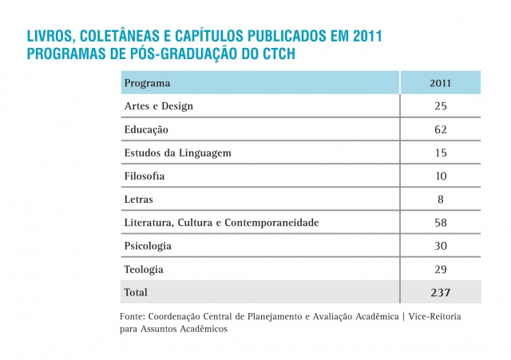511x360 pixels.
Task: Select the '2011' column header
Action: pyautogui.click(x=441, y=83)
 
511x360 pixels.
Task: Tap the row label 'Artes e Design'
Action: pyautogui.click(x=159, y=106)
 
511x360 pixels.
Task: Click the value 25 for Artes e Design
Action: pyautogui.click(x=441, y=106)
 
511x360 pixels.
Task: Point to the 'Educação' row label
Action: pyautogui.click(x=146, y=129)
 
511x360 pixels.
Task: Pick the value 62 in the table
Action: pyautogui.click(x=441, y=129)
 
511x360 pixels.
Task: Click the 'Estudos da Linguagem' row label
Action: pyautogui.click(x=172, y=152)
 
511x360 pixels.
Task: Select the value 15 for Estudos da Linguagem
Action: pyautogui.click(x=441, y=152)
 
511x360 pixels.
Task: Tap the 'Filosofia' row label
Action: pyautogui.click(x=145, y=176)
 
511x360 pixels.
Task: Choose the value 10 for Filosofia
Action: pyautogui.click(x=441, y=176)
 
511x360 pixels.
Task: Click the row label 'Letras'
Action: pyautogui.click(x=139, y=199)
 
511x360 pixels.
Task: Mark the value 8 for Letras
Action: pyautogui.click(x=441, y=199)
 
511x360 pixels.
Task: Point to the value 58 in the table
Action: pyautogui.click(x=441, y=222)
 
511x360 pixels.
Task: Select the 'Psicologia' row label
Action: pyautogui.click(x=148, y=246)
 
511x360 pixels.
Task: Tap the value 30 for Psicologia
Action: pyautogui.click(x=441, y=246)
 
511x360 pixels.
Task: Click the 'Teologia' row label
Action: pyautogui.click(x=144, y=269)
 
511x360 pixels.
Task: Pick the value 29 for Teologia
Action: pyautogui.click(x=441, y=269)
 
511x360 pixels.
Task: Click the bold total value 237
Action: pyautogui.click(x=441, y=292)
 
